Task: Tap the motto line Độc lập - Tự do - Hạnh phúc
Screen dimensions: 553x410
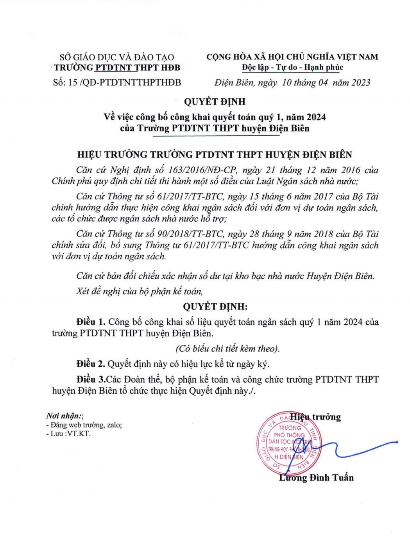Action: click(292, 67)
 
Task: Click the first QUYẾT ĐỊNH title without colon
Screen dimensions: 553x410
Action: click(215, 101)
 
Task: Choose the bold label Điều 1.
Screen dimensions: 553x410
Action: click(91, 322)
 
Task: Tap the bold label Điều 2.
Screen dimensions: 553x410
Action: click(91, 364)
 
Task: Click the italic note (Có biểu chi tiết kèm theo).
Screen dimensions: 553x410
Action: click(227, 349)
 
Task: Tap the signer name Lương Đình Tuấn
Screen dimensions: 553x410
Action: click(316, 477)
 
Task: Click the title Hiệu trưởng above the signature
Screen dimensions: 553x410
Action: click(315, 417)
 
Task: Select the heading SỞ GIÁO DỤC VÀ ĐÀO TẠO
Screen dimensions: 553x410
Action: click(117, 57)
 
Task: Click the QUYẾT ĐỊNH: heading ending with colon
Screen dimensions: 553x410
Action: click(215, 306)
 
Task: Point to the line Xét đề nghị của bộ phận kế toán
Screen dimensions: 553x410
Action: click(140, 291)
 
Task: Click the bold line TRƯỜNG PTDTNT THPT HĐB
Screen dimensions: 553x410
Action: click(117, 68)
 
